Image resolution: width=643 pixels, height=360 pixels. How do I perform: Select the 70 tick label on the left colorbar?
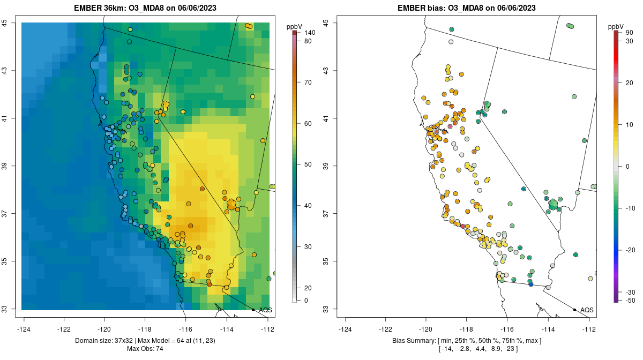(x=308, y=82)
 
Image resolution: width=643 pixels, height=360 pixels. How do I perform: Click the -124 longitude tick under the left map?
(x=24, y=329)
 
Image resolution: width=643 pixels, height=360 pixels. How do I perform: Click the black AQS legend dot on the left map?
(x=253, y=310)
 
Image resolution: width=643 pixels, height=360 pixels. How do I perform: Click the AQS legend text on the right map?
(x=587, y=310)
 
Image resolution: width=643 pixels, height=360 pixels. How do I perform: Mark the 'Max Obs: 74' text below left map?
(x=146, y=349)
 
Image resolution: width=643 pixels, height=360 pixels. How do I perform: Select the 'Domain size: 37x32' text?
(x=108, y=341)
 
